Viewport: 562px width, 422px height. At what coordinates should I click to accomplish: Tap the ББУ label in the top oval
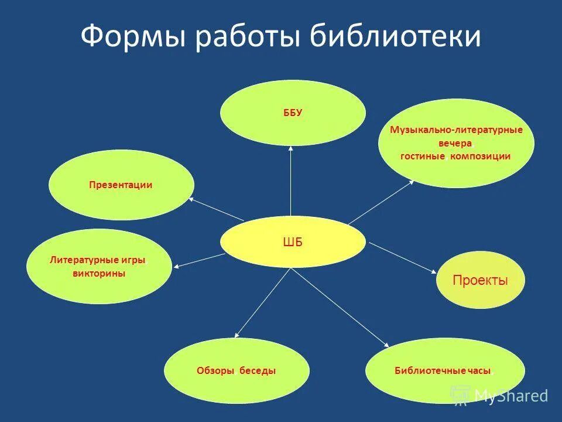pyautogui.click(x=292, y=113)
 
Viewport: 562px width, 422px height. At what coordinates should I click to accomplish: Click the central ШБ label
pyautogui.click(x=292, y=243)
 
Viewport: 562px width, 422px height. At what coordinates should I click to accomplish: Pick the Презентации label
pyautogui.click(x=121, y=185)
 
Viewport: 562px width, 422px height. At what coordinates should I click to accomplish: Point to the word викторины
pyautogui.click(x=99, y=274)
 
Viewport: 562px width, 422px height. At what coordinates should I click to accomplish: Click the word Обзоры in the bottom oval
pyautogui.click(x=215, y=371)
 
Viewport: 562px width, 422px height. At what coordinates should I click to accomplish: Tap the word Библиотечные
pyautogui.click(x=430, y=371)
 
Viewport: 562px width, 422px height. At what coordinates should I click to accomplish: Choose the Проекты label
pyautogui.click(x=480, y=280)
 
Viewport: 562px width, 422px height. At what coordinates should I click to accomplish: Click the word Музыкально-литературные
pyautogui.click(x=456, y=130)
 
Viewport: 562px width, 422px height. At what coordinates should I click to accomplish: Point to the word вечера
pyautogui.click(x=455, y=143)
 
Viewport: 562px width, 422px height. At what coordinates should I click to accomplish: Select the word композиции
pyautogui.click(x=481, y=156)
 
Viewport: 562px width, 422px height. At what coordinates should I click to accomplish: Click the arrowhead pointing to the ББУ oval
pyautogui.click(x=291, y=148)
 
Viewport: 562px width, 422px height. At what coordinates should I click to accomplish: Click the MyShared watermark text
pyautogui.click(x=510, y=396)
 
